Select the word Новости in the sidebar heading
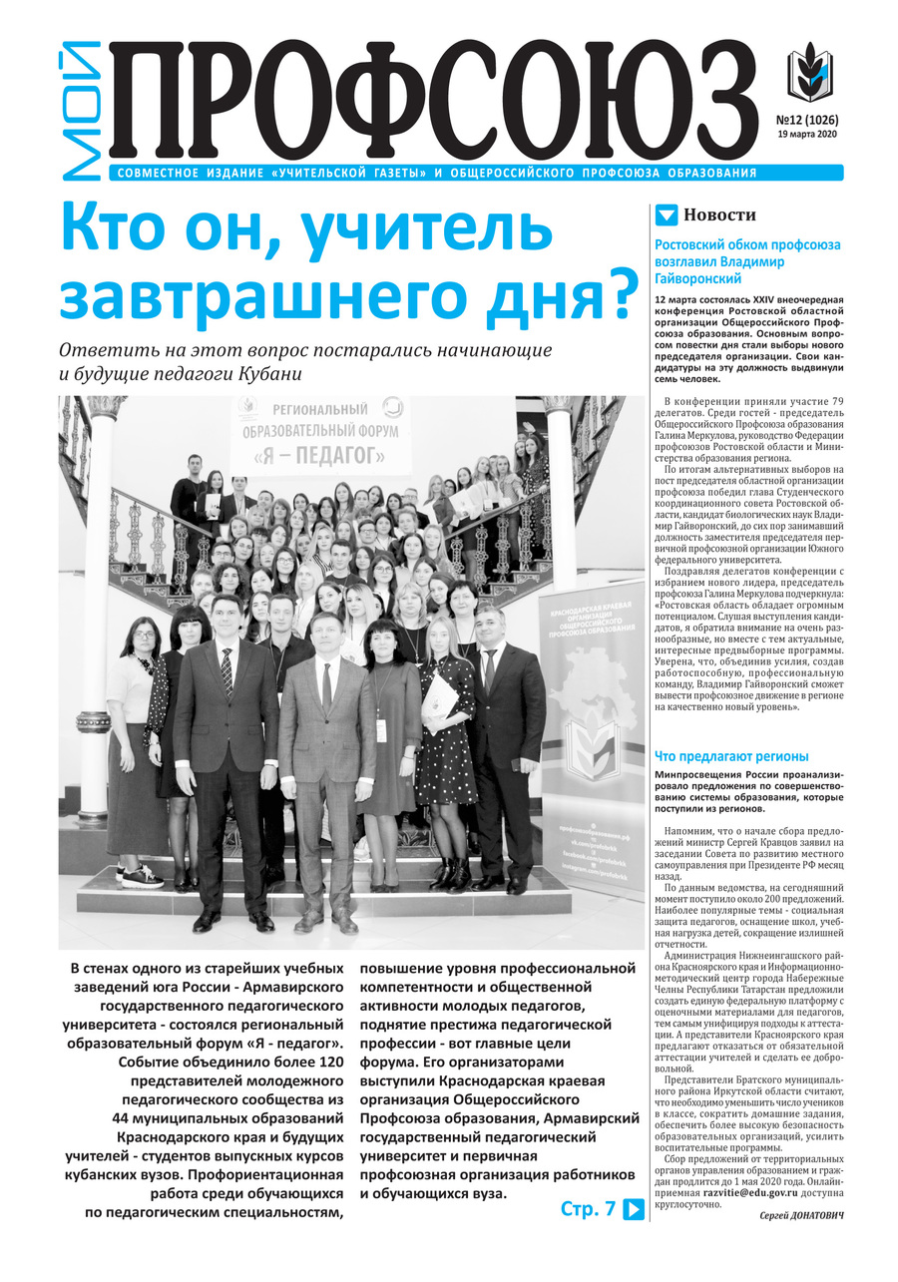coord(719,214)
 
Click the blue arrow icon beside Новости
coord(667,214)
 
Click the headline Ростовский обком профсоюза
coord(747,244)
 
